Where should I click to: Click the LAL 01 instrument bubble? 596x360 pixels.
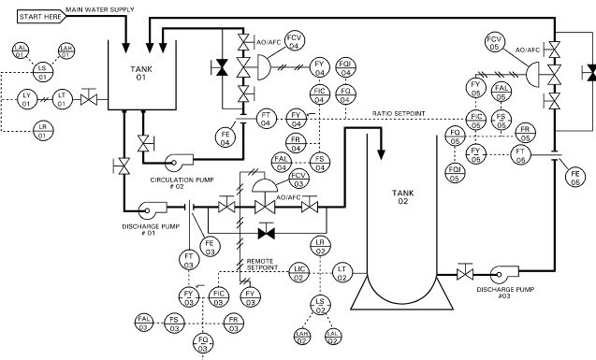click(x=21, y=50)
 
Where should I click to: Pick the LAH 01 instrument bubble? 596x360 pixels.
click(x=66, y=50)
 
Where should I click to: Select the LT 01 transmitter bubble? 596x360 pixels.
click(x=63, y=98)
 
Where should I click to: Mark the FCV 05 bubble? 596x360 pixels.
click(x=496, y=41)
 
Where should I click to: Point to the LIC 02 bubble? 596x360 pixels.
click(x=299, y=272)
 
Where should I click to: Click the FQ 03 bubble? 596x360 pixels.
click(x=202, y=343)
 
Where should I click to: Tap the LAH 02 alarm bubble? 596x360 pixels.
click(x=302, y=336)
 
